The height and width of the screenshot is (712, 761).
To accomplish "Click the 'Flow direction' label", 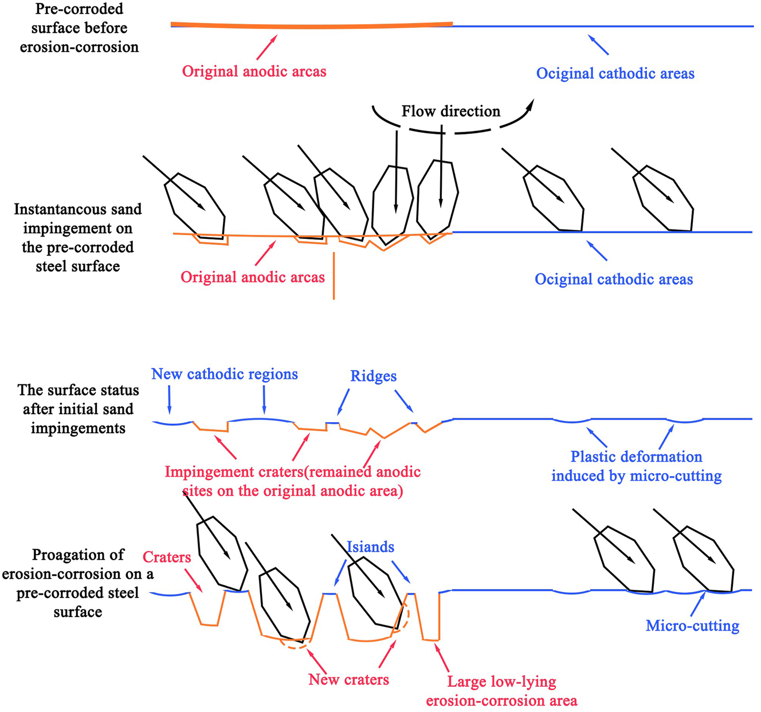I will [x=450, y=111].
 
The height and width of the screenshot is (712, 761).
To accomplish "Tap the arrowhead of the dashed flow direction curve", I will [x=531, y=103].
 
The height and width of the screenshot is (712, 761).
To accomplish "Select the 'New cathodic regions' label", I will [x=225, y=374].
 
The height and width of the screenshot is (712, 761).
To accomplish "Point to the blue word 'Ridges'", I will [x=373, y=376].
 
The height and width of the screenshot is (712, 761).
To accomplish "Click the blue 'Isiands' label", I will [x=370, y=547].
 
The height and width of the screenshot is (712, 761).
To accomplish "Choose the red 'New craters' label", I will [x=348, y=679].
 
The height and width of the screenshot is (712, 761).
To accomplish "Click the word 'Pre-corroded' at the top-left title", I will [x=79, y=9].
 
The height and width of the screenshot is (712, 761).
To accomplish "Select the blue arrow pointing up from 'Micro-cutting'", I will [x=697, y=603].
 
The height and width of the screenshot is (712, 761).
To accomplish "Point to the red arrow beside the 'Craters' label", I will [x=194, y=582].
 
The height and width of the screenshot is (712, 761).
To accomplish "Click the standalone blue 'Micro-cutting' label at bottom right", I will [x=692, y=626].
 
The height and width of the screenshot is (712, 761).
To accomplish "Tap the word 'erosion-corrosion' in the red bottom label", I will [x=501, y=701].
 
